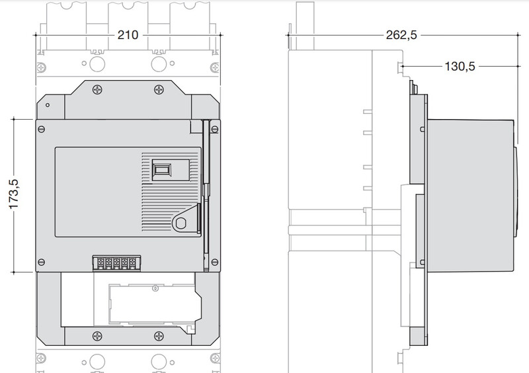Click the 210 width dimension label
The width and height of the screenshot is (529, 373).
128,35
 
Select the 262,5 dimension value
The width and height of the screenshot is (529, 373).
401,35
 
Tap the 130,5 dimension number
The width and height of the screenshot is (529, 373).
460,66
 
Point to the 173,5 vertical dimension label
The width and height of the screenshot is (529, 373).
14,194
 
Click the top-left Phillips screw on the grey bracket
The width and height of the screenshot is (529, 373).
97,90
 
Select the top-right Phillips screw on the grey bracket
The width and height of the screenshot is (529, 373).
159,90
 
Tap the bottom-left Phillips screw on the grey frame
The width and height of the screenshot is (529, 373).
97,336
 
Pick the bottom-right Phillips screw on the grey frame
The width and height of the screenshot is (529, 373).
159,336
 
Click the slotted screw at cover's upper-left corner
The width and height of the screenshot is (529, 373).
42,129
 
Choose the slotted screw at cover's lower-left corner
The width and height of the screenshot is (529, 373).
42,262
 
